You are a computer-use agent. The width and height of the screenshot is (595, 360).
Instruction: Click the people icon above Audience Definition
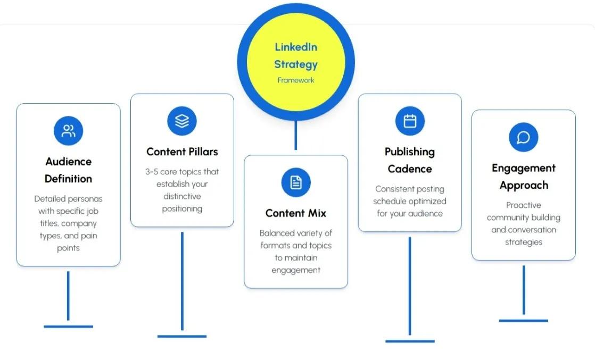(68, 131)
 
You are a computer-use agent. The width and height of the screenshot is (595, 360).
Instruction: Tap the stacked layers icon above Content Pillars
(182, 121)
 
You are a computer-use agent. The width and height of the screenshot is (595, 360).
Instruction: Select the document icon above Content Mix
(296, 183)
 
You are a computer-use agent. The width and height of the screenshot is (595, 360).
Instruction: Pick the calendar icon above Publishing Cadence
(410, 121)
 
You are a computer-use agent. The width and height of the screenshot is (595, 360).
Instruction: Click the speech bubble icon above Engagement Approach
(523, 137)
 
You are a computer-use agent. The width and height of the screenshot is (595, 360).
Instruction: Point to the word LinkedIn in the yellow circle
(296, 47)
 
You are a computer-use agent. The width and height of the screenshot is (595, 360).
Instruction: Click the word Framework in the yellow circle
(296, 80)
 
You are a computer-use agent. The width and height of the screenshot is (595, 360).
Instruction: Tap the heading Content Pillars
(182, 152)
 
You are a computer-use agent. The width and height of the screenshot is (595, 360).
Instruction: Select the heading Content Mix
(296, 213)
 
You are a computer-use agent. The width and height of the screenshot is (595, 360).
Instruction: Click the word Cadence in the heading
(410, 169)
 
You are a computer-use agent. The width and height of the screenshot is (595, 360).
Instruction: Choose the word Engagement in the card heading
(523, 168)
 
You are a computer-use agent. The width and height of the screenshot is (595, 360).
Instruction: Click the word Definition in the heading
(68, 179)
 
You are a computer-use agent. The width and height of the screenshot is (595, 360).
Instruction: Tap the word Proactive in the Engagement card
(523, 205)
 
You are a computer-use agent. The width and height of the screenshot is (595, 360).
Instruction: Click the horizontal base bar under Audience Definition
(68, 326)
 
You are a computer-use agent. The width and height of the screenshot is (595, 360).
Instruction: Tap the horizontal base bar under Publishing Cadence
(410, 341)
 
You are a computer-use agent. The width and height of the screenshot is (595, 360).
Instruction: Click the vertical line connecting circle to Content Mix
(296, 136)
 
